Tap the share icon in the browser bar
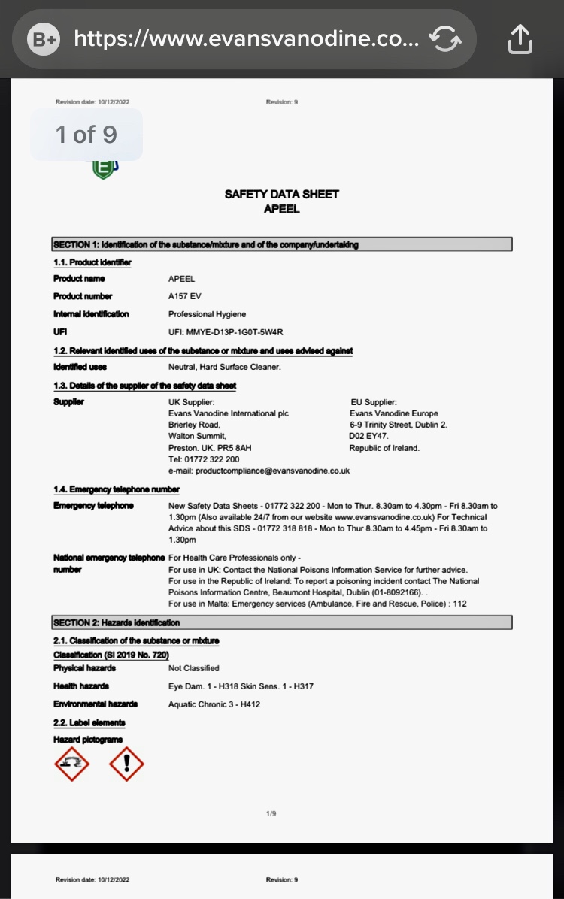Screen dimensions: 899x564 click(x=520, y=39)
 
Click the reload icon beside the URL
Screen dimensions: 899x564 click(x=444, y=39)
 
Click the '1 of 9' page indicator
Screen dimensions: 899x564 click(x=86, y=135)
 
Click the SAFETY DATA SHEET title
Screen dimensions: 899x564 click(x=281, y=194)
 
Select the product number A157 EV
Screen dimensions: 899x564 click(x=185, y=296)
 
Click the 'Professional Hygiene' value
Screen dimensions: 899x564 click(x=207, y=314)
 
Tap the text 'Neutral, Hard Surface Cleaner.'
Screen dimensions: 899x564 click(x=224, y=367)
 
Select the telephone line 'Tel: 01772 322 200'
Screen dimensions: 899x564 click(x=204, y=459)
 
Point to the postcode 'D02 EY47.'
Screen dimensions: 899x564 click(x=368, y=436)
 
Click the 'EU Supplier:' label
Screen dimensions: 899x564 click(x=374, y=402)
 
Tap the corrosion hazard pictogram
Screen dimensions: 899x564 click(x=71, y=764)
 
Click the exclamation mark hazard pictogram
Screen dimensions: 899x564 click(x=126, y=764)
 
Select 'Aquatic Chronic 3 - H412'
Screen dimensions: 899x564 click(x=214, y=704)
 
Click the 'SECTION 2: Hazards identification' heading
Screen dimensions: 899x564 click(x=117, y=622)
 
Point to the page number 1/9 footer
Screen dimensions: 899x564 click(x=271, y=813)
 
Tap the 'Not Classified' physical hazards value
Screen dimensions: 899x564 click(x=194, y=668)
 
